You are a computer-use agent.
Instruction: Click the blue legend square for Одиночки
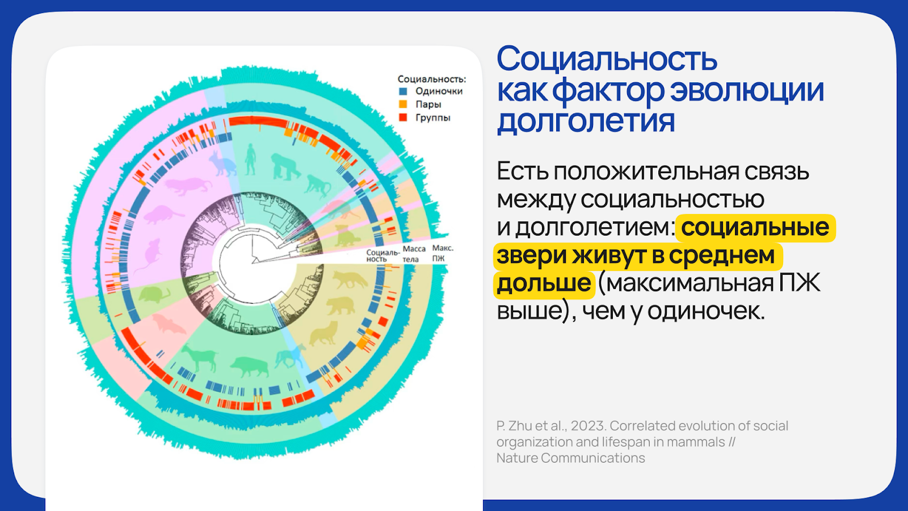403,91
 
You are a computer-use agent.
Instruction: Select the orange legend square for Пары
403,104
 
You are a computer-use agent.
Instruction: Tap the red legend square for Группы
403,118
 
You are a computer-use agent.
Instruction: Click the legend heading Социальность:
432,79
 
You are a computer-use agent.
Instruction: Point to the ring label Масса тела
414,254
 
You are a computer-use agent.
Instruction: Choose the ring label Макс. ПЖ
443,253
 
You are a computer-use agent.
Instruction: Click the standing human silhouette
250,159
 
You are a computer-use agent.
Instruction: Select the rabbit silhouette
222,163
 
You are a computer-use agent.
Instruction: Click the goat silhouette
199,358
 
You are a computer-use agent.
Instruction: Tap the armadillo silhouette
154,295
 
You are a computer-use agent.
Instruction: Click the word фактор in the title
608,90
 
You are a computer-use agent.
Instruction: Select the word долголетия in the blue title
586,120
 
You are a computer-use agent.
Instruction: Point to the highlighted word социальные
755,227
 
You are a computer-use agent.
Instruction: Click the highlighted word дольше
544,283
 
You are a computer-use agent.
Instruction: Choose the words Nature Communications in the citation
571,458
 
